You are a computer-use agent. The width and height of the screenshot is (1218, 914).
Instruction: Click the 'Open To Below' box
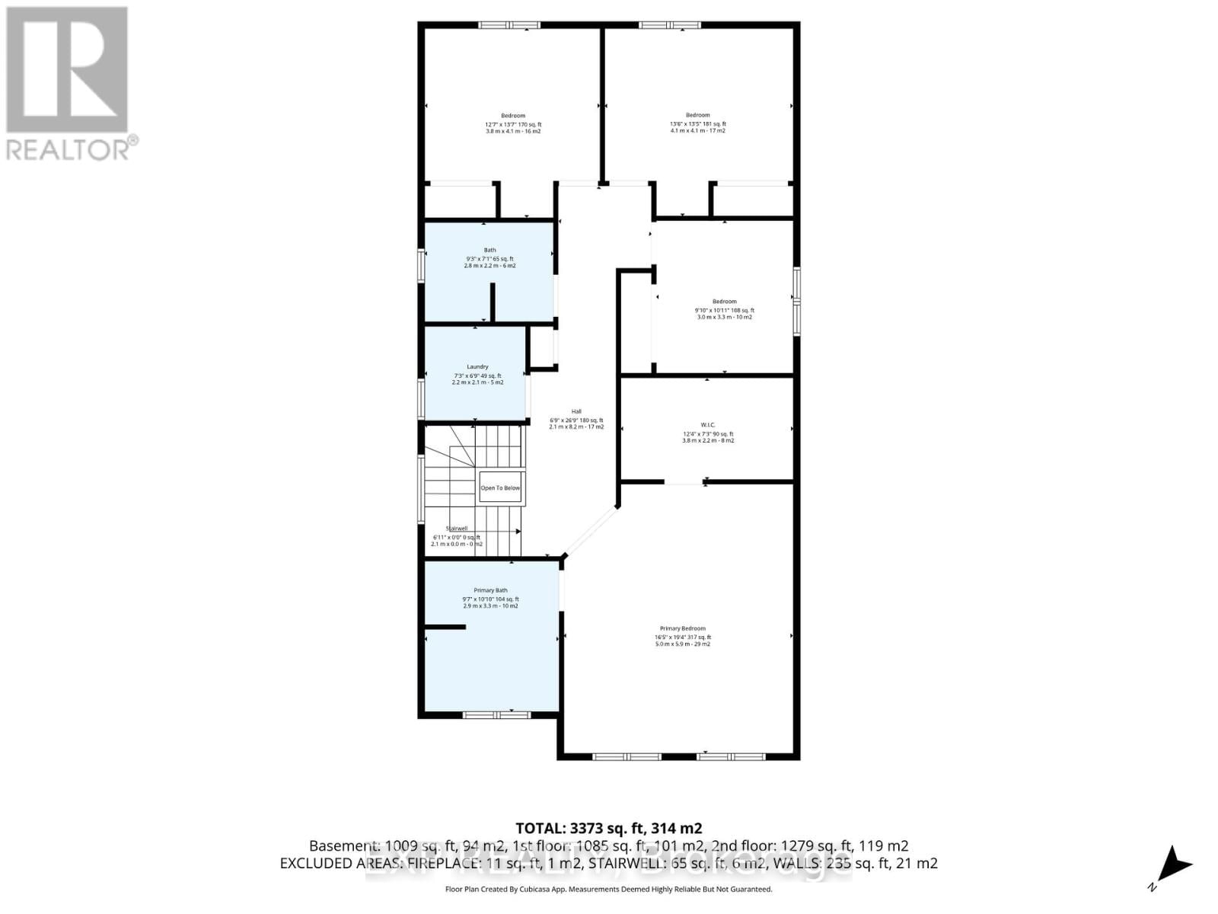click(x=500, y=487)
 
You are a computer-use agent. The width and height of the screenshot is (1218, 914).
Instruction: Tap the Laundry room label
click(x=477, y=367)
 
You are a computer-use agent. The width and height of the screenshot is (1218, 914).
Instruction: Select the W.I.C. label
click(x=707, y=425)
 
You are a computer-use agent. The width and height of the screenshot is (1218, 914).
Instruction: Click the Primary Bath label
click(x=490, y=590)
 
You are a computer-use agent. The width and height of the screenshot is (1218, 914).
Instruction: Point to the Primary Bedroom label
click(x=682, y=628)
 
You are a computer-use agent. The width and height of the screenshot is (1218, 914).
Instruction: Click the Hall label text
click(x=576, y=411)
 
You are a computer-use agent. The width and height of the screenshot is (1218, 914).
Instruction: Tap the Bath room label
click(x=489, y=250)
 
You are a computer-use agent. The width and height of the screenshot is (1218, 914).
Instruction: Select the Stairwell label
click(x=456, y=528)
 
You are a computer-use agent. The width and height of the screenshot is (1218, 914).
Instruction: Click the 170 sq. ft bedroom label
click(x=513, y=116)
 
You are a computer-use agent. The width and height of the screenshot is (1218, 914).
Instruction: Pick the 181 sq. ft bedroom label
click(x=697, y=115)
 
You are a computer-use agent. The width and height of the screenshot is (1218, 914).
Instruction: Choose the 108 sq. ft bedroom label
click(x=724, y=302)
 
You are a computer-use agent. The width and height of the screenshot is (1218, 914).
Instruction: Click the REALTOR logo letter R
click(x=67, y=70)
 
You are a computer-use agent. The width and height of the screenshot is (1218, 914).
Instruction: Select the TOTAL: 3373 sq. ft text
click(x=608, y=828)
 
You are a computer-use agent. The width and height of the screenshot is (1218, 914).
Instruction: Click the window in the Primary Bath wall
click(x=496, y=714)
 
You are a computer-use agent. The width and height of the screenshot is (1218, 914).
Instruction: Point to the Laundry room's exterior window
click(x=421, y=398)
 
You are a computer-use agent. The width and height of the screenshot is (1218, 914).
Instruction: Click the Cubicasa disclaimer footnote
click(x=608, y=889)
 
